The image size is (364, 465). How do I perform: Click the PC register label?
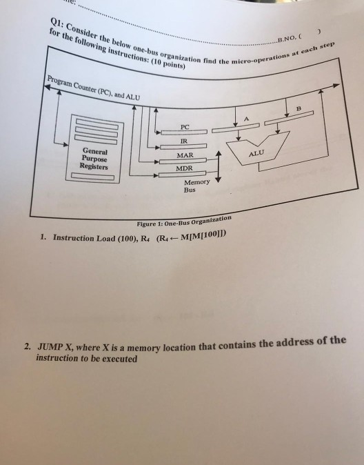tap(185, 127)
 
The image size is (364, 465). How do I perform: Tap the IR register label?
tap(184, 141)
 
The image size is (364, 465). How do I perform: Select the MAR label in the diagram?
tap(185, 155)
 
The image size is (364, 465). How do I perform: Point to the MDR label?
tap(184, 168)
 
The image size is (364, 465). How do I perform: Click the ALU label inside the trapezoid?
tap(256, 153)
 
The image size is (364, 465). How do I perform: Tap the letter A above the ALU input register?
tap(246, 119)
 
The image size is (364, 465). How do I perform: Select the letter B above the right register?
tap(299, 108)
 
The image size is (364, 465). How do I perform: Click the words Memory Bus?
tap(196, 186)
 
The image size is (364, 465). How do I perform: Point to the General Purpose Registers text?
tap(94, 159)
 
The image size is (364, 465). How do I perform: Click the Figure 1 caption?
tap(184, 221)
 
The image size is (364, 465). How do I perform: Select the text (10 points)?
tap(168, 63)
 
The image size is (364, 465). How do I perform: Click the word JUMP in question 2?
tap(50, 346)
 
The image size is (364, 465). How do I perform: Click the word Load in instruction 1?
tap(105, 238)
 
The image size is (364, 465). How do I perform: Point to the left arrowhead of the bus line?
tap(48, 87)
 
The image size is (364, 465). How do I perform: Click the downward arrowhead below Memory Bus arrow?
tap(218, 179)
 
